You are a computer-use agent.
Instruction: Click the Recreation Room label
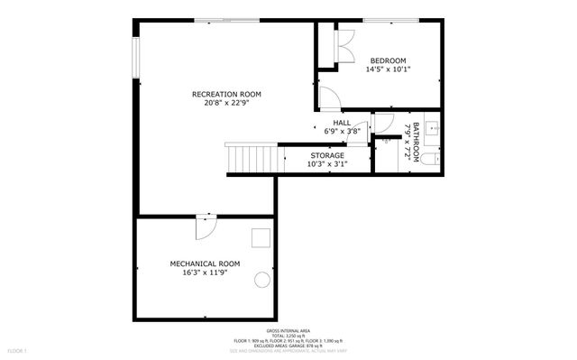[x=226, y=94]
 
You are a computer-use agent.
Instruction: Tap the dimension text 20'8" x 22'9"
[x=226, y=102]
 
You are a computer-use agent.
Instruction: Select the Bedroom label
[x=389, y=60]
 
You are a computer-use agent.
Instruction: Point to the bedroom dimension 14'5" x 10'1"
[x=389, y=69]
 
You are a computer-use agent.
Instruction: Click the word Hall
[x=342, y=123]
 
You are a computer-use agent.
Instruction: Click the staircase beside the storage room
[x=245, y=158]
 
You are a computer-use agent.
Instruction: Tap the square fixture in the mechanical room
[x=261, y=237]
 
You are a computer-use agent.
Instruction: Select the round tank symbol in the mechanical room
[x=262, y=279]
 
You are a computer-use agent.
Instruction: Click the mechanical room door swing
[x=206, y=226]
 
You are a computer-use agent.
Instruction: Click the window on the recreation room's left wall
[x=137, y=58]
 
